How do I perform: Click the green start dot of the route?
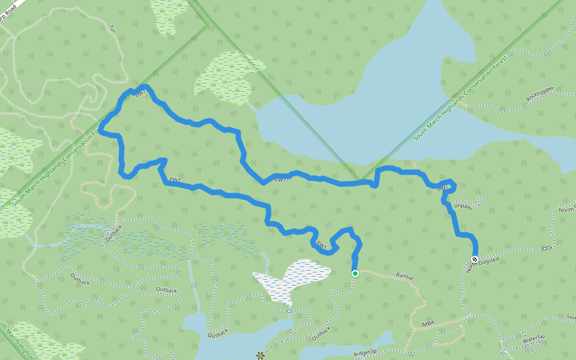[355, 274]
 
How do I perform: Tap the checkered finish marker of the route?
[475, 259]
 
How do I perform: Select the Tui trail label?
[112, 28]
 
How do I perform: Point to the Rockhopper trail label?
[539, 93]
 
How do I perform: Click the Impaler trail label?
[463, 206]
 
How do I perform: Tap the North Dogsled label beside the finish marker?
[484, 265]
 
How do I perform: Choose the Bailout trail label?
[405, 277]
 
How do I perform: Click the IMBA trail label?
[427, 323]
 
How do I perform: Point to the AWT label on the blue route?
[443, 188]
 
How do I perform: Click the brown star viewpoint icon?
[260, 356]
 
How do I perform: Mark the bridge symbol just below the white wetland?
[289, 311]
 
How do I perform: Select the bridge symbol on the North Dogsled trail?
[547, 248]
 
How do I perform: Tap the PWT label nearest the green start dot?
[322, 244]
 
